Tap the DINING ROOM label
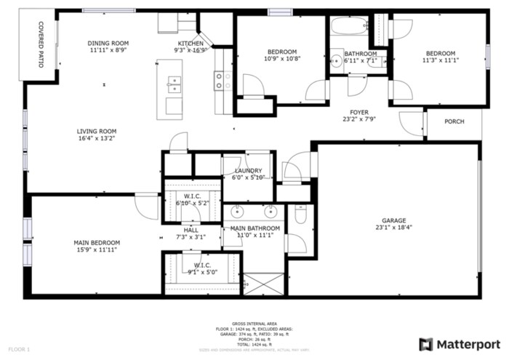pos(108,44)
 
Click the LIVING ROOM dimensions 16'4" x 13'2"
pos(97,138)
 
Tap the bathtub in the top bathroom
pos(350,28)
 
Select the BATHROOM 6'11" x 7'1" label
pos(361,58)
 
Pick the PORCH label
pos(454,121)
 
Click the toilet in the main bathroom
pos(300,215)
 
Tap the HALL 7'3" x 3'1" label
pos(191,233)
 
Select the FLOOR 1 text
pos(19,350)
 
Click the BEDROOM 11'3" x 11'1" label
pos(440,57)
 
